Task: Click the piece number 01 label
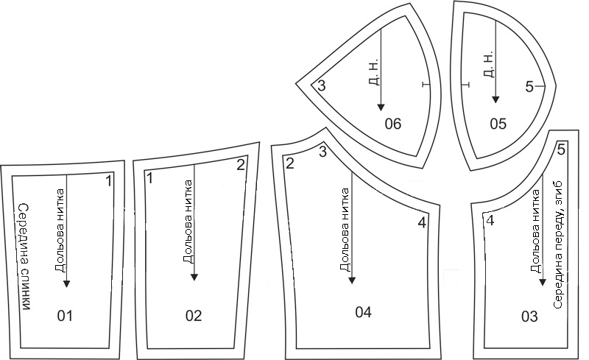click(x=65, y=316)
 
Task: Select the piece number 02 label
click(x=194, y=316)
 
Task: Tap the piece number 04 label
click(x=363, y=312)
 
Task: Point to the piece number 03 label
click(x=529, y=317)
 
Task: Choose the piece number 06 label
click(x=393, y=124)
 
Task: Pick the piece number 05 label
click(x=498, y=124)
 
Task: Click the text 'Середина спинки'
click(x=25, y=257)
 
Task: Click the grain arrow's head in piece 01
click(x=66, y=283)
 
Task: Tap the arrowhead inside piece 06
click(x=381, y=107)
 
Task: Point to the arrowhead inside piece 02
click(x=194, y=278)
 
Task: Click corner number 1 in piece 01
click(x=108, y=181)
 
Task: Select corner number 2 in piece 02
click(x=241, y=165)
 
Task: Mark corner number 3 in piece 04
click(x=322, y=152)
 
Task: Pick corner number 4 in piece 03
click(x=490, y=221)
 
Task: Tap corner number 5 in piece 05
click(x=529, y=87)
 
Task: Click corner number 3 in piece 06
click(x=322, y=85)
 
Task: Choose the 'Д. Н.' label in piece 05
click(x=487, y=64)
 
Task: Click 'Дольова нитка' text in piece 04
click(x=345, y=230)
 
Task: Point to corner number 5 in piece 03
click(x=561, y=149)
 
